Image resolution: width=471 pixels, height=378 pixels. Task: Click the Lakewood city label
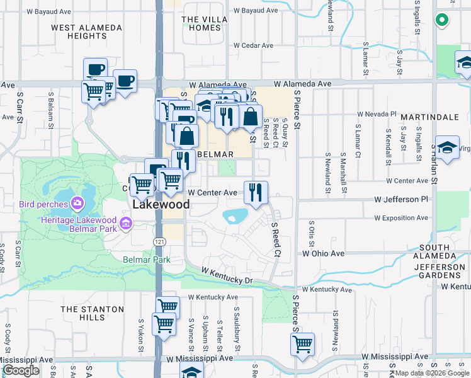pyautogui.click(x=161, y=205)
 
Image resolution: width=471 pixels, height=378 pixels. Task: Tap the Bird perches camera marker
pyautogui.click(x=77, y=203)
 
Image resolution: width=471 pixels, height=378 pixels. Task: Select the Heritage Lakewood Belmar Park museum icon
pyautogui.click(x=126, y=222)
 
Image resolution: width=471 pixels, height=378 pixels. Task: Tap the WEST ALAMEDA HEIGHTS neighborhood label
pyautogui.click(x=87, y=32)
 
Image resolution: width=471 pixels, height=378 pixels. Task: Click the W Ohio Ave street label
pyautogui.click(x=323, y=253)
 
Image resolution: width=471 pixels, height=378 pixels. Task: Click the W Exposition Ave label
pyautogui.click(x=400, y=218)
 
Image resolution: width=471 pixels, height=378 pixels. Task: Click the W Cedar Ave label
pyautogui.click(x=253, y=45)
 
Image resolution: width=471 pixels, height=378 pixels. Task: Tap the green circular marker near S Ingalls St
pyautogui.click(x=442, y=20)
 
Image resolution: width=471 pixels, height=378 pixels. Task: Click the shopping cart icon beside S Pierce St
pyautogui.click(x=302, y=345)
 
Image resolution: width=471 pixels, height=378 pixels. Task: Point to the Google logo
pyautogui.click(x=21, y=370)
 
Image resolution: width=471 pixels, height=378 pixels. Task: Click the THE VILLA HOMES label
pyautogui.click(x=205, y=23)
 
